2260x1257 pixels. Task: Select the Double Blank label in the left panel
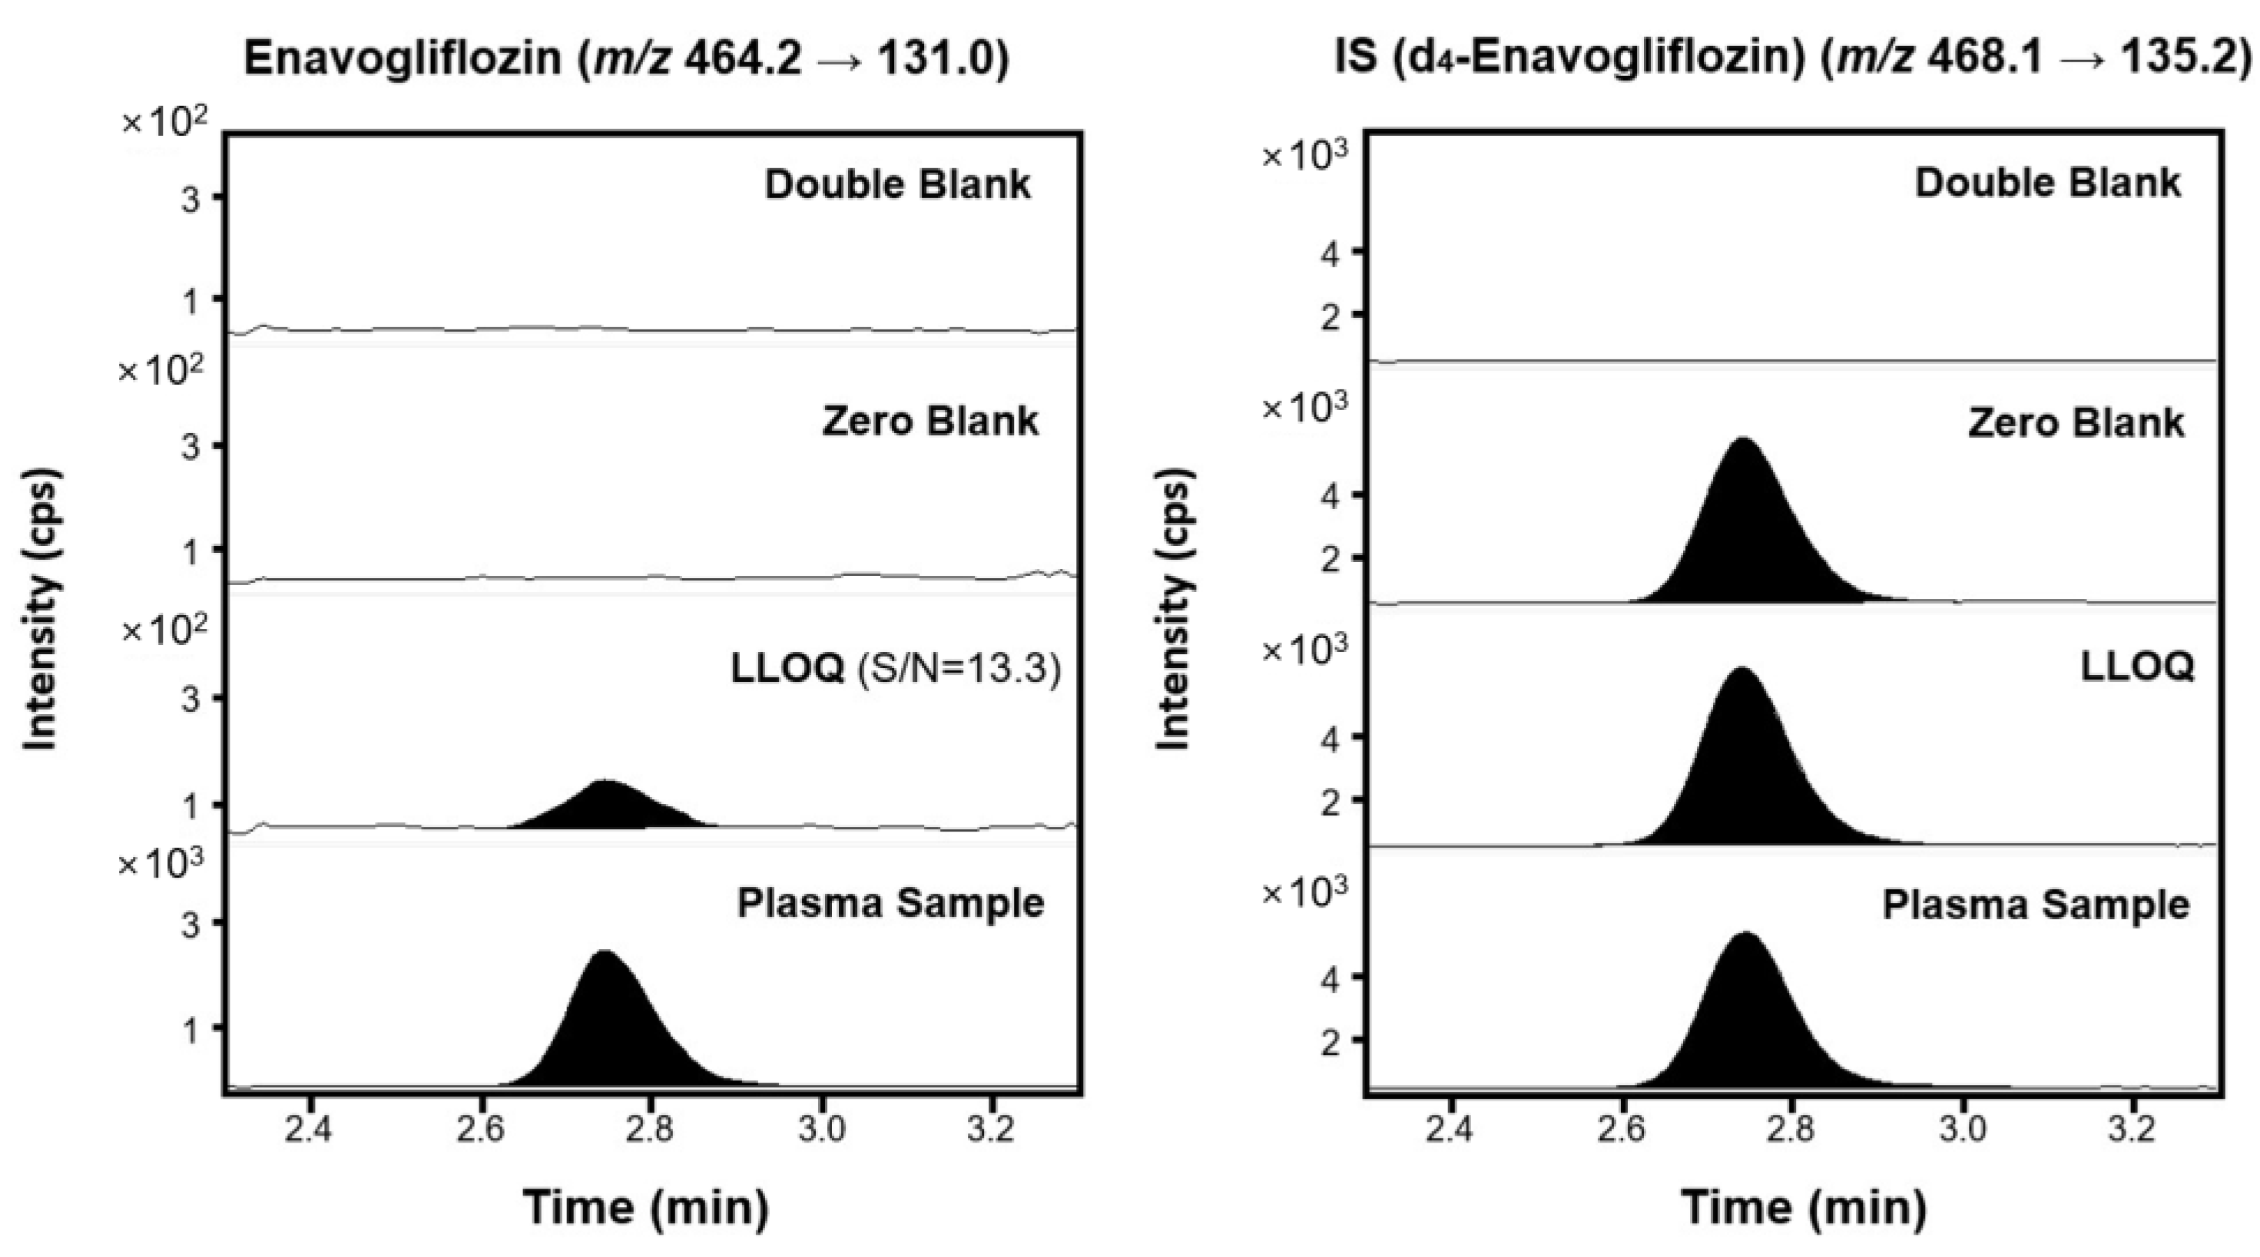(x=897, y=184)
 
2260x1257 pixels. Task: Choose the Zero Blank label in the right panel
(x=2075, y=423)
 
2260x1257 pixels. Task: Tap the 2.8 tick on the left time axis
(x=650, y=1130)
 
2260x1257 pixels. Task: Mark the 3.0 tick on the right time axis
(x=1962, y=1130)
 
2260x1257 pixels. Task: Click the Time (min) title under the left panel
(x=647, y=1207)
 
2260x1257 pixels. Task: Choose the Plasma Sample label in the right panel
(x=2036, y=905)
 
